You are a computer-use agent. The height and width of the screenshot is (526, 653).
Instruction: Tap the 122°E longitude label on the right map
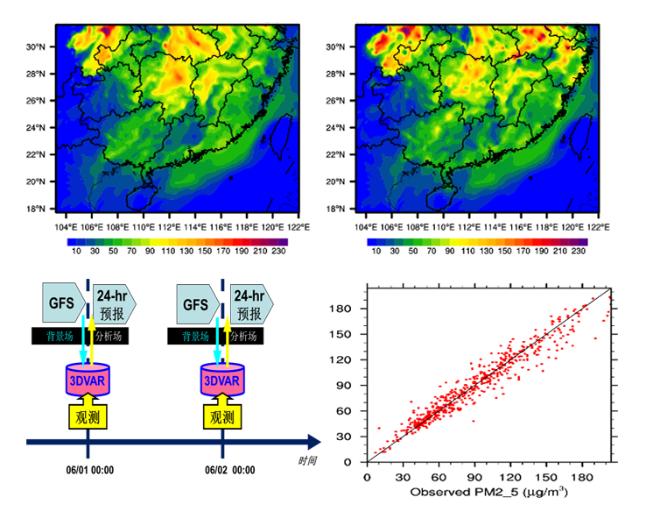tap(598, 225)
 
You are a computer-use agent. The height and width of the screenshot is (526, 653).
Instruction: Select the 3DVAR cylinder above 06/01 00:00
tap(88, 380)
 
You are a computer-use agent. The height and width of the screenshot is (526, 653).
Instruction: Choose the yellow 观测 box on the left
tap(88, 417)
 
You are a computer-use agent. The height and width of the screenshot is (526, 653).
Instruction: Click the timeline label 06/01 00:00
tap(89, 470)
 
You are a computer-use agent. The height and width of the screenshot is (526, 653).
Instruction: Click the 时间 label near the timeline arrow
tap(306, 460)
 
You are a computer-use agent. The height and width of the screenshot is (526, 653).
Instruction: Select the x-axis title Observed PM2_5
tap(488, 493)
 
